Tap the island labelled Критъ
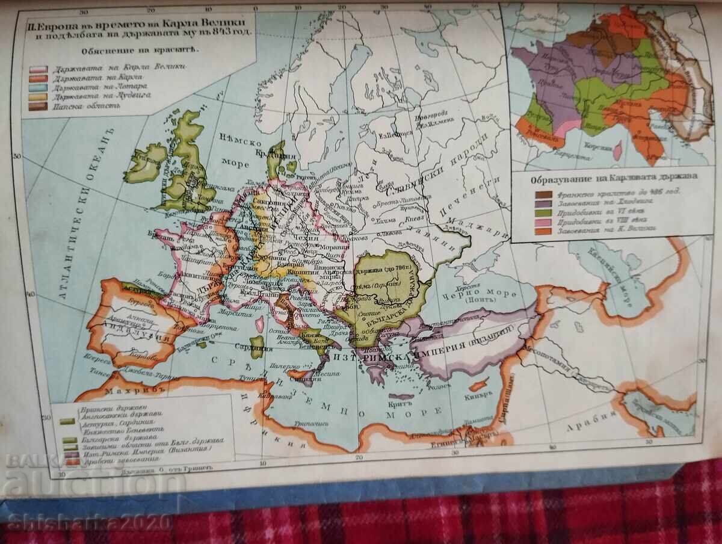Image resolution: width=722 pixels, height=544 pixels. pos(401,397)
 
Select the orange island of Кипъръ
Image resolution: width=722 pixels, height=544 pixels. pos(479,386)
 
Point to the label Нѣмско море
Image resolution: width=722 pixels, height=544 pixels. pos(239,152)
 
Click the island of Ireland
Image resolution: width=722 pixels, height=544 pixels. pos(144,164)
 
